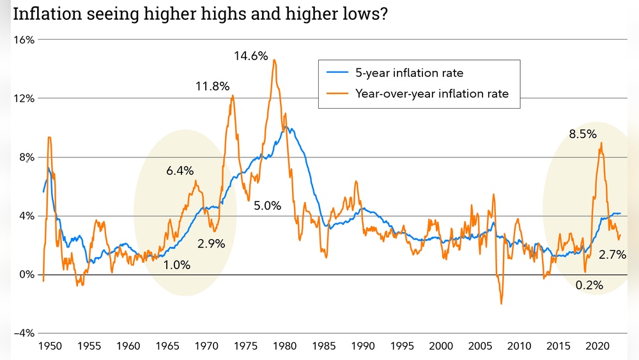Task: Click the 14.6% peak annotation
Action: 250,56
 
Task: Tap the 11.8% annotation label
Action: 213,87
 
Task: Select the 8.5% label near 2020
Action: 583,134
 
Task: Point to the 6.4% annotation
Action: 180,171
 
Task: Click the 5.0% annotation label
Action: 267,206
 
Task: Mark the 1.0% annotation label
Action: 177,265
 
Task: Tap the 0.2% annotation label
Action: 589,285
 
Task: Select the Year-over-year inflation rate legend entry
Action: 432,94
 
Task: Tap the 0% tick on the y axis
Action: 26,275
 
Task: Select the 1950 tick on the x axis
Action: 50,347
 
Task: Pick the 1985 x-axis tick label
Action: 324,347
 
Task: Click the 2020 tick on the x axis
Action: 596,347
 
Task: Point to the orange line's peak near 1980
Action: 274,60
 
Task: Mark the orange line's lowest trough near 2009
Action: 502,304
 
